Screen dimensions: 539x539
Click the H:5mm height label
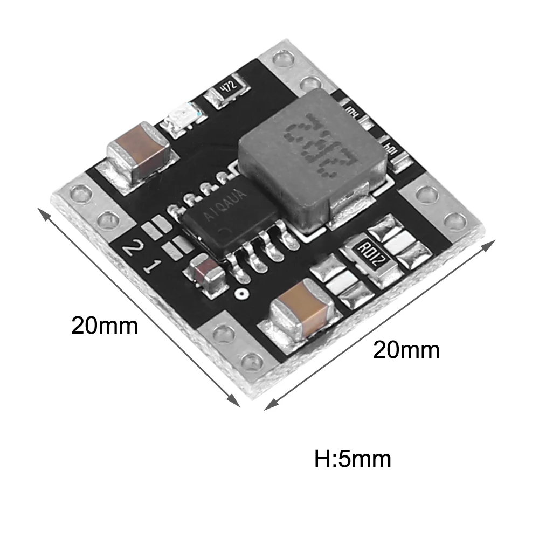tap(353, 460)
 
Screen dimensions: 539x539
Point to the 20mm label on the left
tap(105, 326)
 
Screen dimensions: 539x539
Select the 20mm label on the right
tap(406, 350)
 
